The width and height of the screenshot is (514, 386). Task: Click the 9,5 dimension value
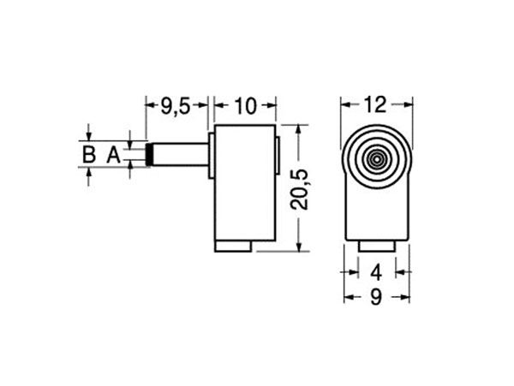(x=176, y=106)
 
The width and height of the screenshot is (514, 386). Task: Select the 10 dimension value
(x=244, y=106)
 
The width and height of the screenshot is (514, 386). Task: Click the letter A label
(x=112, y=155)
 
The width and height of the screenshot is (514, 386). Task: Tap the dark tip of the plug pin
(x=151, y=155)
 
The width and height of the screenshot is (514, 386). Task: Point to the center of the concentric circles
(x=375, y=158)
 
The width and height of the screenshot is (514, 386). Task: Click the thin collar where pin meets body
(x=211, y=155)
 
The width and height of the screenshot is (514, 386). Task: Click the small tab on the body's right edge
(x=278, y=155)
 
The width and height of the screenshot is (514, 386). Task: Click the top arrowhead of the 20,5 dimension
(x=297, y=128)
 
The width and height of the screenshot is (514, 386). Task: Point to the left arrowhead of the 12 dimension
(x=346, y=105)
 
